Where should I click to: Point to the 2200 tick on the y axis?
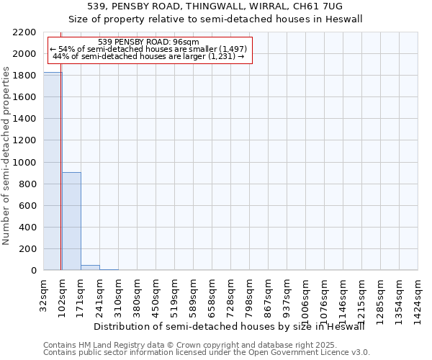click(x=27, y=32)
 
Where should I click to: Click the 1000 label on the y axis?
click(x=27, y=163)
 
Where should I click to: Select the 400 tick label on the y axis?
click(x=30, y=228)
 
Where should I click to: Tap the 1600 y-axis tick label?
click(x=27, y=97)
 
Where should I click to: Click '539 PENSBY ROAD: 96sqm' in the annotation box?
click(x=148, y=42)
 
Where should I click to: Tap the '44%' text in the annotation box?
click(x=60, y=56)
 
